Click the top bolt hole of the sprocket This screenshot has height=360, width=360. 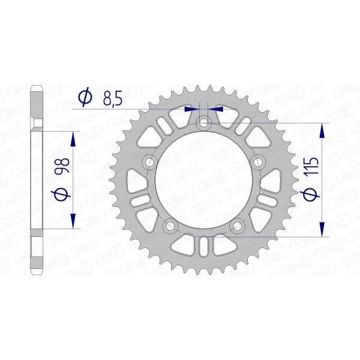(x=204, y=122)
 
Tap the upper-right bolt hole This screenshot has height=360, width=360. (x=259, y=162)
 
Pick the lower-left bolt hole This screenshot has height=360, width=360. (x=170, y=226)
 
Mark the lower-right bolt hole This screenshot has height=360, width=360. (x=238, y=226)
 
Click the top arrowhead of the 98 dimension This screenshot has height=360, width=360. (x=73, y=139)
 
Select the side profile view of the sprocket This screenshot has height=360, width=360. (x=38, y=180)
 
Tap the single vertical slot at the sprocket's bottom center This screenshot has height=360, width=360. (x=204, y=246)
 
